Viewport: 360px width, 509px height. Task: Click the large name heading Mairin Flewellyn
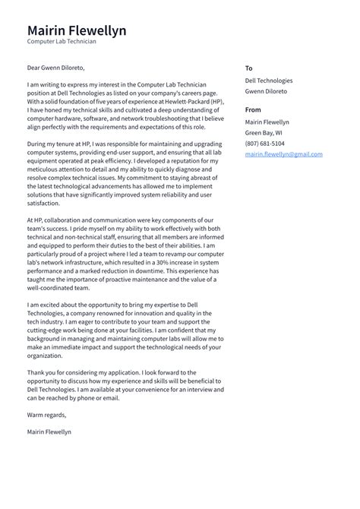click(77, 30)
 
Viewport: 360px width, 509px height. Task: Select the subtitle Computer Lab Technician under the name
click(62, 43)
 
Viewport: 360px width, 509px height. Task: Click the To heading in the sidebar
click(248, 68)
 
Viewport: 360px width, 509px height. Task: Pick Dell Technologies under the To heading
click(268, 81)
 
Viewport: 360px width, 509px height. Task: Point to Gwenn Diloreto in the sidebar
click(266, 91)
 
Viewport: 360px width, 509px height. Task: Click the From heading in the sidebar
click(253, 110)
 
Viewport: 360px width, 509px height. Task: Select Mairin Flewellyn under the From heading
click(267, 122)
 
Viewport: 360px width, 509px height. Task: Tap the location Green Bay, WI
click(263, 133)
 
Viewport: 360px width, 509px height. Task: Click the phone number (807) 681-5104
click(264, 144)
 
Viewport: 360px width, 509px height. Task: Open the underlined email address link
click(283, 154)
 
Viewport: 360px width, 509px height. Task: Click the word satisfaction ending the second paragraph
click(43, 203)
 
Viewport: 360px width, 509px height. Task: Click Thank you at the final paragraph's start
click(41, 372)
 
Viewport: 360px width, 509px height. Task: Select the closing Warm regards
click(46, 415)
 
